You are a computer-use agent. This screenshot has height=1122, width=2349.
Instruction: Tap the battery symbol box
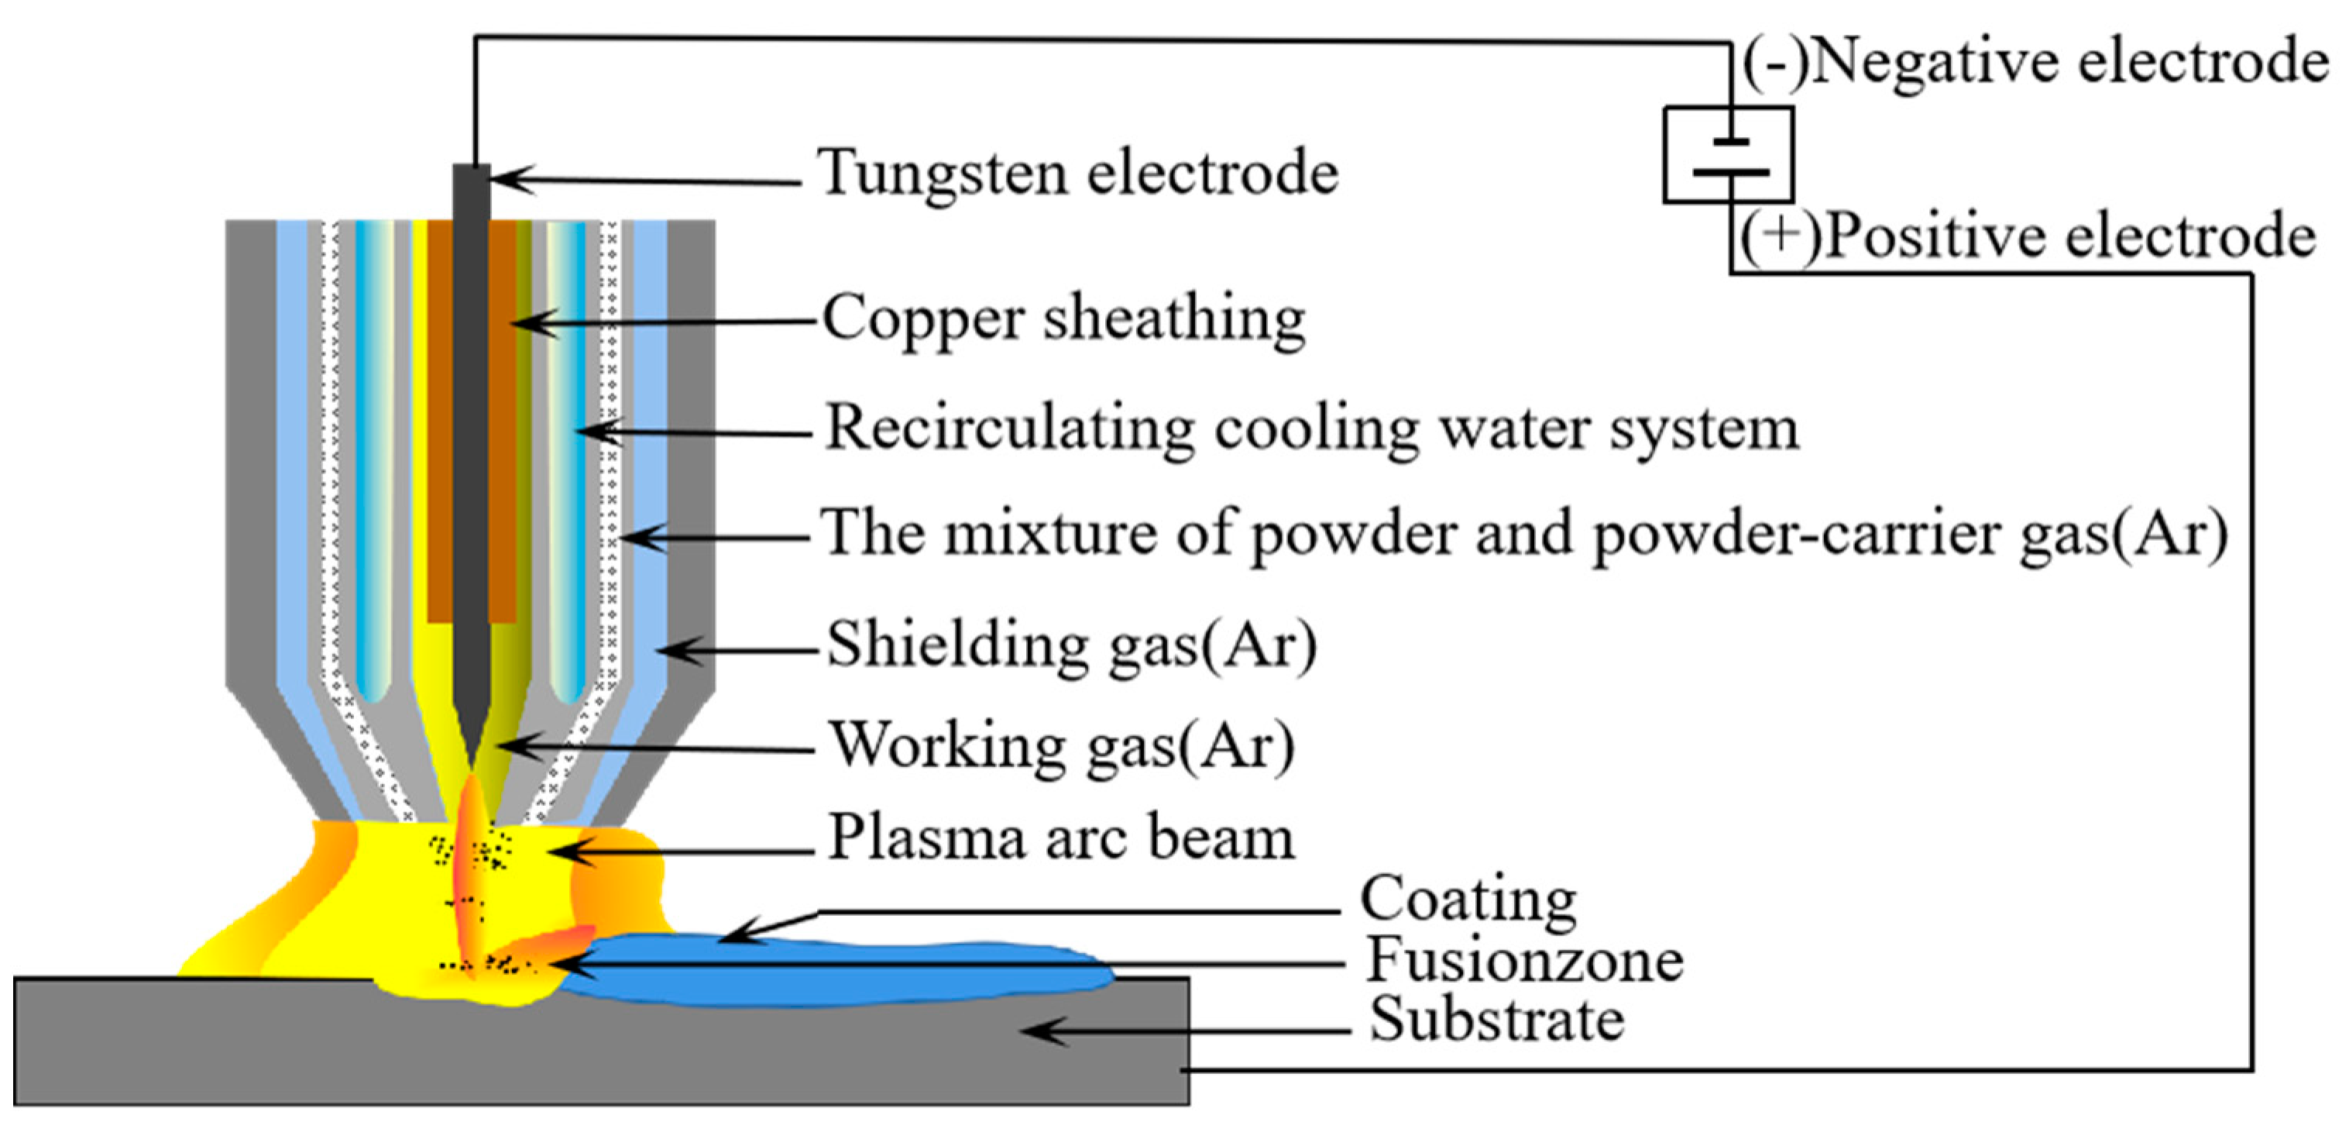coord(1728,154)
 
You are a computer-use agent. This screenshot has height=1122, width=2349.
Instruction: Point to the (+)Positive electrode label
coord(2026,236)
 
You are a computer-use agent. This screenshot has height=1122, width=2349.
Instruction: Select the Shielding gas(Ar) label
coord(1071,644)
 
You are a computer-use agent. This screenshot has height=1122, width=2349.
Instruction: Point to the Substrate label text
coord(1496,1020)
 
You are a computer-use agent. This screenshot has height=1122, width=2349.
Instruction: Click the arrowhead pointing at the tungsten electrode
coord(500,178)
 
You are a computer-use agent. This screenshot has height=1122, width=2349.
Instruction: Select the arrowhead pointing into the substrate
coord(1030,1031)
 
